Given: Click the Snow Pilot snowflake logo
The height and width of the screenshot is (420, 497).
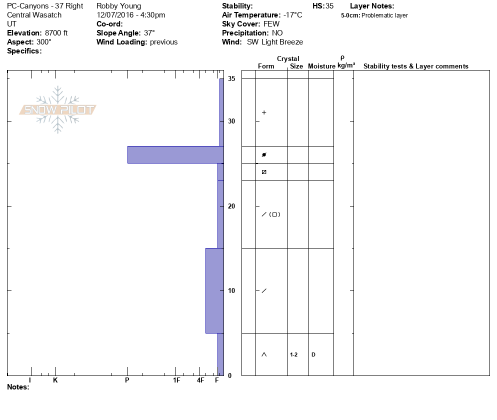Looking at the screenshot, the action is tap(57, 109).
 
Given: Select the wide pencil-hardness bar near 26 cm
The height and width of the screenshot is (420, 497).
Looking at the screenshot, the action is tap(175, 154).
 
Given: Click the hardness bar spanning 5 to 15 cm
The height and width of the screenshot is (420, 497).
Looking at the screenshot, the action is tap(214, 290).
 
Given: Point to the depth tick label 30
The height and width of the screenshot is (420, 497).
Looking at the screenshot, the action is tap(231, 121).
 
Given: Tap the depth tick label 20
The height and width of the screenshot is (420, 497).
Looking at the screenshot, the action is tap(231, 206).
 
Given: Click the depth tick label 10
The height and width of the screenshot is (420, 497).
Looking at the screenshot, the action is tap(231, 290).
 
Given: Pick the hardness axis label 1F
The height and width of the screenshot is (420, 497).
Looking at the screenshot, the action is tap(176, 380).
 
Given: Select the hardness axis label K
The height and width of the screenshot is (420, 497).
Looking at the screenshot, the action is tap(55, 380).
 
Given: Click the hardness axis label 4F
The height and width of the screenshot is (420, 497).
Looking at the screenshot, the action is tap(200, 380).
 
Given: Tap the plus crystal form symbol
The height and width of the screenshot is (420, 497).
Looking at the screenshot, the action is tap(264, 112).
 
